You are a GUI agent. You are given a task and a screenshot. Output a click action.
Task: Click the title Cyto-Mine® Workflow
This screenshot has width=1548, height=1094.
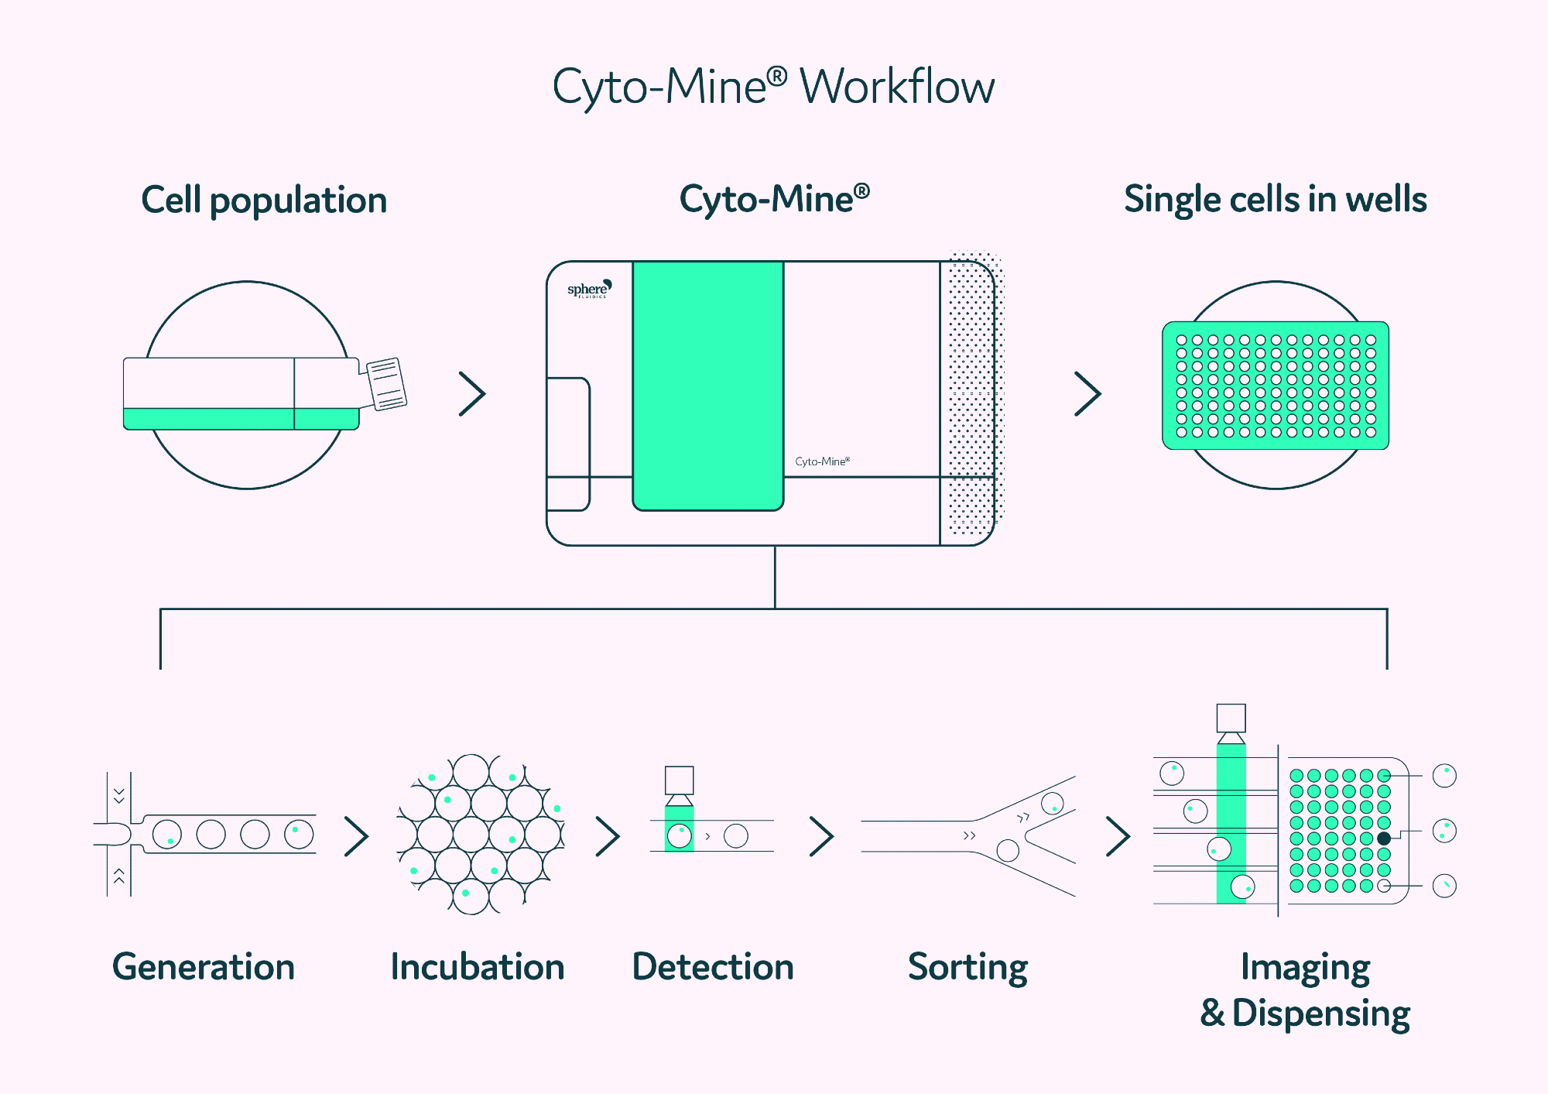pyautogui.click(x=773, y=87)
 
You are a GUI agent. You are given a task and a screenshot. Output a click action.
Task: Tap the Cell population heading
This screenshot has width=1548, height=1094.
pyautogui.click(x=264, y=201)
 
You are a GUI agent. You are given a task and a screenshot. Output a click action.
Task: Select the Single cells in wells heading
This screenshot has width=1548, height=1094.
pyautogui.click(x=1275, y=200)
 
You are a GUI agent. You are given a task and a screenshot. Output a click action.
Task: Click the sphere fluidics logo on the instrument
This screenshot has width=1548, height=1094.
pyautogui.click(x=589, y=290)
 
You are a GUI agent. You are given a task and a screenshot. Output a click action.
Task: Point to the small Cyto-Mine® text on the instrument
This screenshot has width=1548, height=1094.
pyautogui.click(x=822, y=461)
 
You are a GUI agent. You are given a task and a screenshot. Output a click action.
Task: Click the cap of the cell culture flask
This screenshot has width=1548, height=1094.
pyautogui.click(x=386, y=383)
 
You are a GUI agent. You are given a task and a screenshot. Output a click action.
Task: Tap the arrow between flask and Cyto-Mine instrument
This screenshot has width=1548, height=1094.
pyautogui.click(x=472, y=393)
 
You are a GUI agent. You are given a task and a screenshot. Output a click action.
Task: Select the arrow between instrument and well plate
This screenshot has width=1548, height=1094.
pyautogui.click(x=1087, y=393)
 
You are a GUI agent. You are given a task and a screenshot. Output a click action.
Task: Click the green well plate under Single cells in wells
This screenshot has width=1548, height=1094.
pyautogui.click(x=1275, y=385)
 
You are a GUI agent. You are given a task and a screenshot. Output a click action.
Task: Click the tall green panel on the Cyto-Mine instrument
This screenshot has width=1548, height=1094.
pyautogui.click(x=707, y=386)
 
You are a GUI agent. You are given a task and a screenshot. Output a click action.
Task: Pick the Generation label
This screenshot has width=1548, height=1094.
pyautogui.click(x=204, y=967)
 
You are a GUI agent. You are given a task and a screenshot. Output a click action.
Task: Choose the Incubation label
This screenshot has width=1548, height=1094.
pyautogui.click(x=478, y=967)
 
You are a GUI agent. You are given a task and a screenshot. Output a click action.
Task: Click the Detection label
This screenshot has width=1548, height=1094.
pyautogui.click(x=713, y=967)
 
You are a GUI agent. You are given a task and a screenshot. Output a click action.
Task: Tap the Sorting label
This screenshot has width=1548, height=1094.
pyautogui.click(x=967, y=967)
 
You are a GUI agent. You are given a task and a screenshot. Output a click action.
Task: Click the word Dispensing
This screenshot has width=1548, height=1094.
pyautogui.click(x=1320, y=1013)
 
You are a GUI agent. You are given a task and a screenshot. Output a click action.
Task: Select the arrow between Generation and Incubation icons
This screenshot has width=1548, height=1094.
pyautogui.click(x=356, y=836)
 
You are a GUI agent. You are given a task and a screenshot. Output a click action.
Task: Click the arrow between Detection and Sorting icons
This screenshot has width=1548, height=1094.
pyautogui.click(x=821, y=836)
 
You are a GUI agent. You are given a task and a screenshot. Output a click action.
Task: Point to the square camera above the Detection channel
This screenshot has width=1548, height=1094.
pyautogui.click(x=679, y=780)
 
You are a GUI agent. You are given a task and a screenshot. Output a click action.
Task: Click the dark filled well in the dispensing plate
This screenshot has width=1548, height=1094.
pyautogui.click(x=1384, y=838)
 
